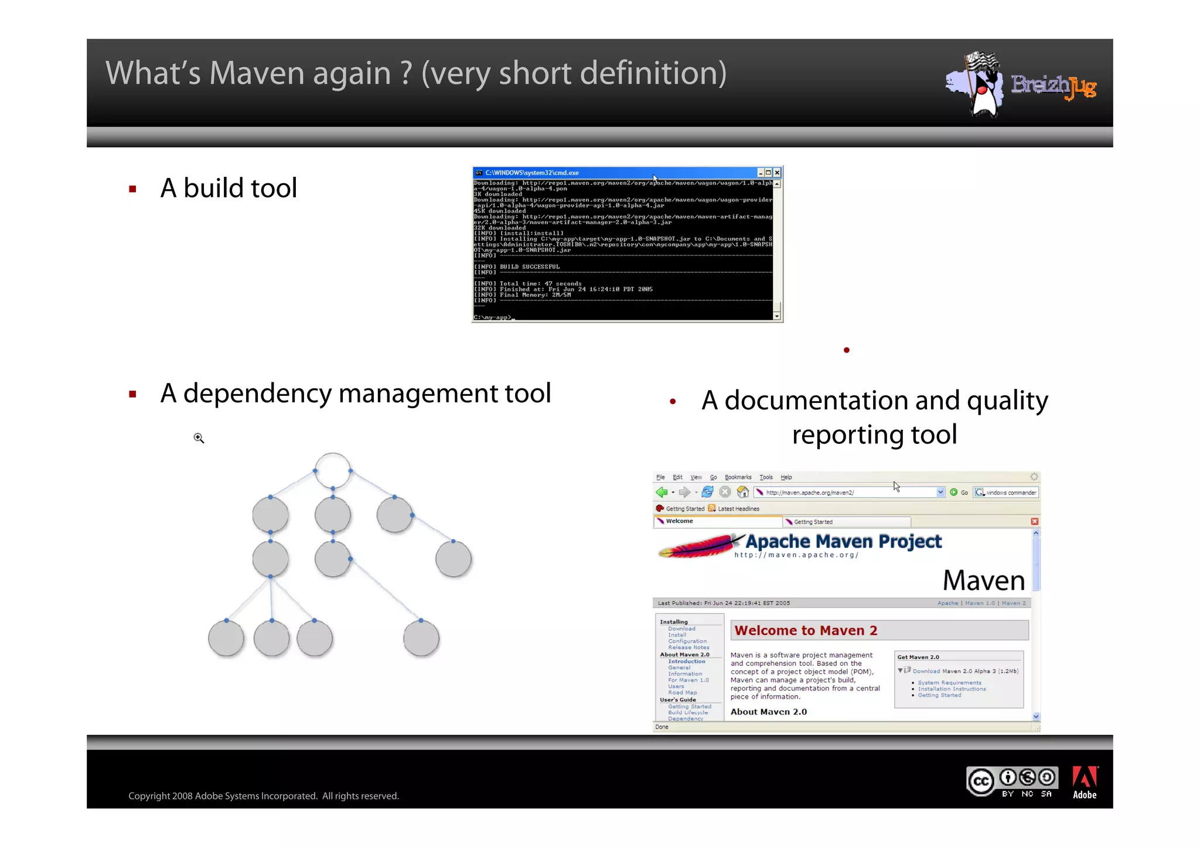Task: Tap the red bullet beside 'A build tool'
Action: [133, 189]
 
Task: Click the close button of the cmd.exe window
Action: [777, 173]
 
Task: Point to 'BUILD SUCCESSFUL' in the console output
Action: [529, 267]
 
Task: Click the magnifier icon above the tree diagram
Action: [199, 438]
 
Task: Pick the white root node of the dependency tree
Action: [333, 470]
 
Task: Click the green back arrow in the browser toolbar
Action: [662, 493]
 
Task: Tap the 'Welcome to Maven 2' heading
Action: [806, 631]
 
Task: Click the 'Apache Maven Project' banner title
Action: [843, 542]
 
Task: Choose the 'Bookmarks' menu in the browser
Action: [738, 477]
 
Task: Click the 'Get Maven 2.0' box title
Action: [918, 657]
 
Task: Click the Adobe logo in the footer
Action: [1085, 782]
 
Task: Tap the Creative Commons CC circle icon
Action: [981, 781]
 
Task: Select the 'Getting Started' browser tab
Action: [813, 522]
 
